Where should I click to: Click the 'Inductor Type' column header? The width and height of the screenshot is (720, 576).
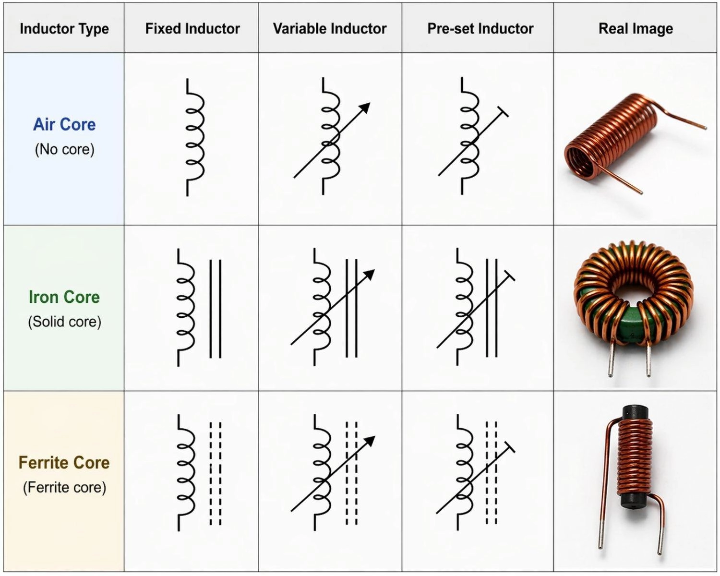tap(64, 29)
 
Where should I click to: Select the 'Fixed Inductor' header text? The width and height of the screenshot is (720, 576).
tap(192, 29)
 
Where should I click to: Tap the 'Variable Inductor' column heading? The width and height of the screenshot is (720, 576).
tap(330, 29)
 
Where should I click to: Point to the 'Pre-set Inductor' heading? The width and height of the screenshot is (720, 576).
tap(480, 29)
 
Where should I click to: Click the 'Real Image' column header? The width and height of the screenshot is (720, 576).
tap(636, 29)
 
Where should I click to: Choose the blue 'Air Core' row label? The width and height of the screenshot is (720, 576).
tap(64, 124)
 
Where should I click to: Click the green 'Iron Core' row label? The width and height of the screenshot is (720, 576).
tap(64, 297)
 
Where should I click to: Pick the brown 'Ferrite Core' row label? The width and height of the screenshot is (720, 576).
tap(64, 463)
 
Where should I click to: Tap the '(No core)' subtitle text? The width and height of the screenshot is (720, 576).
tap(64, 149)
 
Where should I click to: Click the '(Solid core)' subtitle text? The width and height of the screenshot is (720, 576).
tap(64, 322)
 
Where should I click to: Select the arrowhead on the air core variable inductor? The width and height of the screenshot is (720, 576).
tap(365, 108)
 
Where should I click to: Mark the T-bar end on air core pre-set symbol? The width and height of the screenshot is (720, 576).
tap(503, 112)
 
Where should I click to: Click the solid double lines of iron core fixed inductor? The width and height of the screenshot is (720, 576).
tap(216, 309)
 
